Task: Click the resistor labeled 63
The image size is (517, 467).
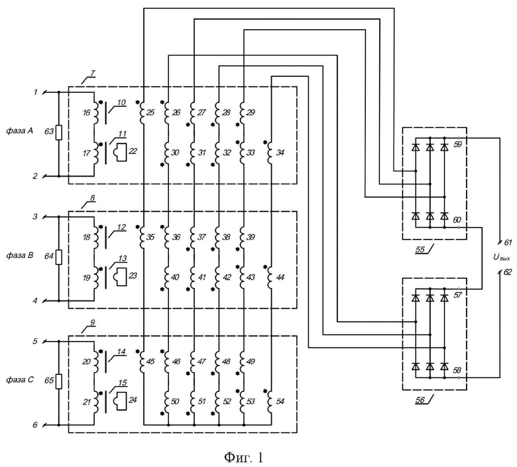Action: [x=58, y=133]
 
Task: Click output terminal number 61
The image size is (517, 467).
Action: [x=507, y=243]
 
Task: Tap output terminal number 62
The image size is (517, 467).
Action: [x=507, y=271]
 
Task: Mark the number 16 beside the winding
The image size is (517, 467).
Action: [x=86, y=113]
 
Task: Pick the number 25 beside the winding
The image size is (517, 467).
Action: [x=150, y=113]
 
